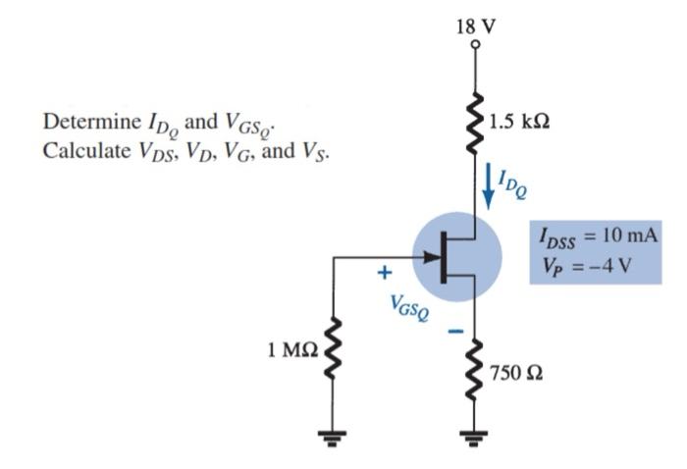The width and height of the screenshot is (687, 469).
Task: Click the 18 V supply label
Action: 476,26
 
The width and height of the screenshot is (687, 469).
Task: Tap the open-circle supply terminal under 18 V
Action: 476,44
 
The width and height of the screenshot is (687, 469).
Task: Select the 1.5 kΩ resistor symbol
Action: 476,124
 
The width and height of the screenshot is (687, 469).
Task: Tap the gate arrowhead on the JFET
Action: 431,259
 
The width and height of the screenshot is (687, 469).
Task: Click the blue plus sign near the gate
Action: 385,270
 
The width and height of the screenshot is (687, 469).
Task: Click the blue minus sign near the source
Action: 454,332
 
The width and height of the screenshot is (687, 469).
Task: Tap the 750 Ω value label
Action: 521,375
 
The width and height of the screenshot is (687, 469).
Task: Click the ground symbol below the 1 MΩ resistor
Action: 335,439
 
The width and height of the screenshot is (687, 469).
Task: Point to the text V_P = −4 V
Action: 584,265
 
